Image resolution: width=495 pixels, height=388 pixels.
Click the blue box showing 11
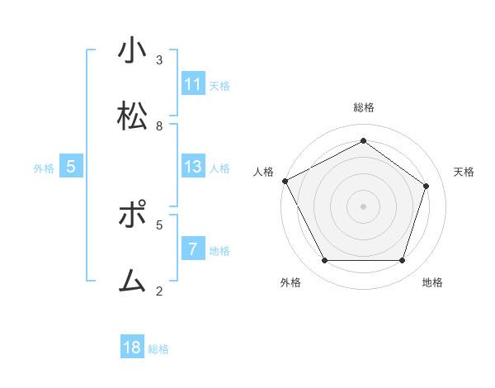[193, 84]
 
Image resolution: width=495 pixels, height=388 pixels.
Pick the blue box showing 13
[193, 167]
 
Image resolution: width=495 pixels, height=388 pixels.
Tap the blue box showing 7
[193, 249]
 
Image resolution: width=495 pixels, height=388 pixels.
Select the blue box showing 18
[132, 348]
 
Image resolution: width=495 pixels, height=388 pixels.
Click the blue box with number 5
[71, 167]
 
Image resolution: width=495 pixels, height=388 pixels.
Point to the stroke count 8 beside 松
[159, 126]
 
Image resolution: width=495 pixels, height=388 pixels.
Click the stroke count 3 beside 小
[159, 60]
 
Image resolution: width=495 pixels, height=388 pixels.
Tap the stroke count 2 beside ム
[159, 291]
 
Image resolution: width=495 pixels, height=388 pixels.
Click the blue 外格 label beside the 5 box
[44, 168]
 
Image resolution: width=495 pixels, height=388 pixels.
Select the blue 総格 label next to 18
[158, 349]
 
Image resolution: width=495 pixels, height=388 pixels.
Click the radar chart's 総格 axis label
[363, 107]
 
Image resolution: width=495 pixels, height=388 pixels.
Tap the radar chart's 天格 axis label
[464, 172]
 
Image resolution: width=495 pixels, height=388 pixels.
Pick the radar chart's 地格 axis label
[432, 282]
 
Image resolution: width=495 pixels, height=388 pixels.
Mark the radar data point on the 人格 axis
[285, 181]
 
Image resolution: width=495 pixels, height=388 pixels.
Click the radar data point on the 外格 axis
[324, 261]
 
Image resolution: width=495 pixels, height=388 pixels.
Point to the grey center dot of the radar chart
[363, 206]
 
